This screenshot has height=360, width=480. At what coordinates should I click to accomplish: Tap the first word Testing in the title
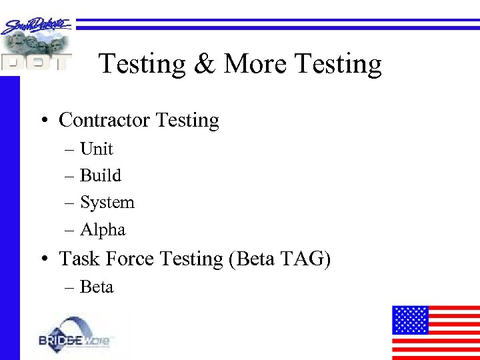(x=141, y=65)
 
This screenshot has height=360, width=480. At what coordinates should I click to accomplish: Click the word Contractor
(x=105, y=121)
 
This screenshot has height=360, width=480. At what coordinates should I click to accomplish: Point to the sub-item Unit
(x=97, y=149)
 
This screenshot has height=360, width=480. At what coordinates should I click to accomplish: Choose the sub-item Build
(x=101, y=175)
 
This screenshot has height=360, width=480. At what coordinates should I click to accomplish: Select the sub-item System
(x=107, y=203)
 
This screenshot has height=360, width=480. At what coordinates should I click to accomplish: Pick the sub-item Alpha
(x=103, y=230)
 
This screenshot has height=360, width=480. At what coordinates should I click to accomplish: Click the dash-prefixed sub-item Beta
(x=97, y=287)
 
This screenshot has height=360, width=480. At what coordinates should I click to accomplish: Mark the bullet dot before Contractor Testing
(x=43, y=121)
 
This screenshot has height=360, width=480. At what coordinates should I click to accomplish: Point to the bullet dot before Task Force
(x=43, y=259)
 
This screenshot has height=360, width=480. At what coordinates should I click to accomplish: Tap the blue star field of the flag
(x=409, y=319)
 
